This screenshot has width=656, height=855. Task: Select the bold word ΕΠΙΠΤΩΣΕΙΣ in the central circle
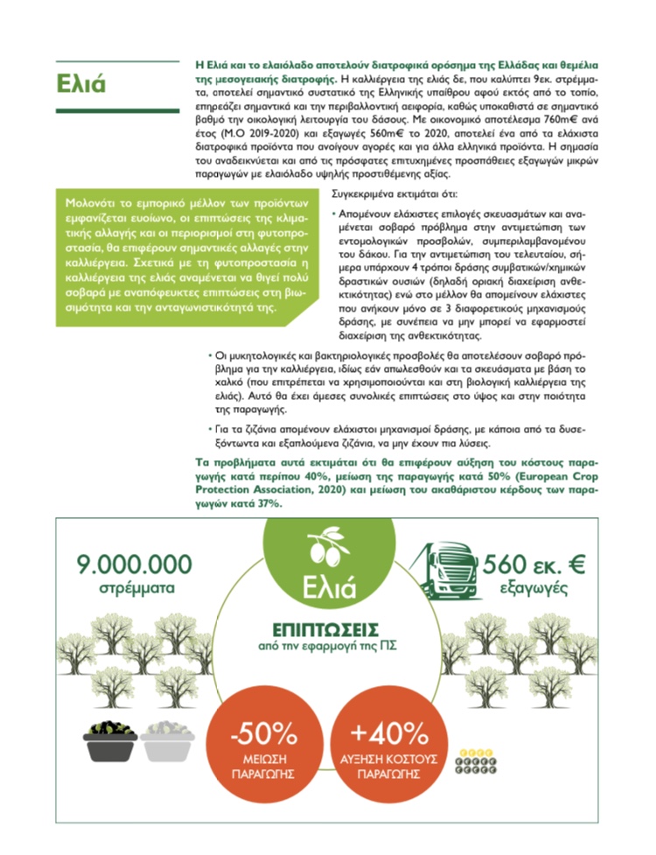coord(328,629)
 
